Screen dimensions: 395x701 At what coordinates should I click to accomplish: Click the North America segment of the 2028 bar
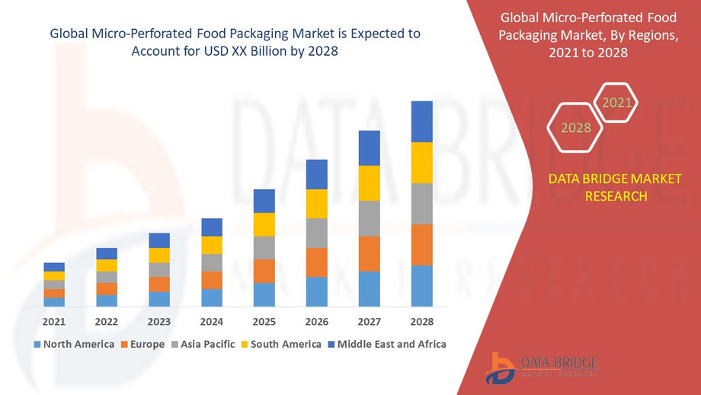[x=421, y=286]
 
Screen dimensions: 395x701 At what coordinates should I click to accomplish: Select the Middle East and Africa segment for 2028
[x=421, y=121]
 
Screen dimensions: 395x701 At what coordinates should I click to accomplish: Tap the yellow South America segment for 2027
[x=369, y=183]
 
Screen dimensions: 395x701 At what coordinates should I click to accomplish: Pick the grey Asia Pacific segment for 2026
[x=316, y=233]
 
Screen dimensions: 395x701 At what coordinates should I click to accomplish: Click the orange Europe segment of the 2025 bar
[x=264, y=271]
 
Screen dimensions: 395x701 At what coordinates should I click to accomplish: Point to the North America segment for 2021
[x=54, y=302]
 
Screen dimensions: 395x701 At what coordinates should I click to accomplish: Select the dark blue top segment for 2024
[x=212, y=227]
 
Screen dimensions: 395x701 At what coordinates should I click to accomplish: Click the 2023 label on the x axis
[x=159, y=321]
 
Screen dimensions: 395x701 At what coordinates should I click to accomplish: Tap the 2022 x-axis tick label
[x=107, y=321]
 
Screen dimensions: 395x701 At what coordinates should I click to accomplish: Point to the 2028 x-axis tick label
[x=421, y=321]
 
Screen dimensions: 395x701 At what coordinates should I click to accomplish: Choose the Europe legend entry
[x=142, y=344]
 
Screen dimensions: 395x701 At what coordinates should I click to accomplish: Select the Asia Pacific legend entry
[x=203, y=344]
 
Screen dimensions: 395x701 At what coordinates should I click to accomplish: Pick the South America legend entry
[x=280, y=344]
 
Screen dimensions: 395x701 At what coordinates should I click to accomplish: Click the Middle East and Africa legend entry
[x=386, y=344]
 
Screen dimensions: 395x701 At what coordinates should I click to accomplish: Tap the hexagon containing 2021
[x=616, y=102]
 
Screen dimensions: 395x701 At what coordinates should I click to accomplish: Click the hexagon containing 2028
[x=576, y=127]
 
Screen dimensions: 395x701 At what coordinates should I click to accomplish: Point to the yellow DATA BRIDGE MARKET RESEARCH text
[x=597, y=188]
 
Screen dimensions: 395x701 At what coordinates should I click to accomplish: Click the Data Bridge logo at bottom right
[x=542, y=367]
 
